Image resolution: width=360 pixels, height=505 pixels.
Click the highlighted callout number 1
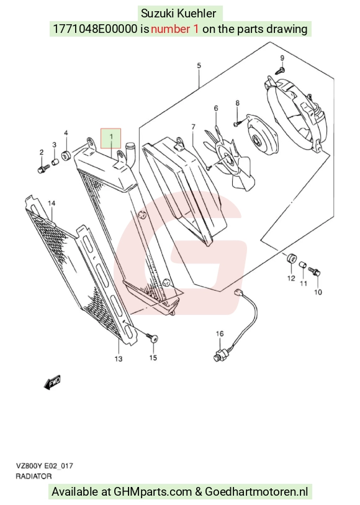[111, 137]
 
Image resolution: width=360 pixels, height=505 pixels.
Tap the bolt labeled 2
[43, 169]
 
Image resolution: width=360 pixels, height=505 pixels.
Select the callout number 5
[199, 66]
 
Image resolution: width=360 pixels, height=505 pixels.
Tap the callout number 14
[52, 203]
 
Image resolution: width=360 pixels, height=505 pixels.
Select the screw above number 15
[153, 337]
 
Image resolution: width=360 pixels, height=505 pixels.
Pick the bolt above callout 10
[315, 271]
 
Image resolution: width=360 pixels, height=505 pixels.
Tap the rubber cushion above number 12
[291, 259]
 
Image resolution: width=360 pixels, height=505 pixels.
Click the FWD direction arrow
[52, 382]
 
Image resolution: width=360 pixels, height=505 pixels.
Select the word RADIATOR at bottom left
[34, 476]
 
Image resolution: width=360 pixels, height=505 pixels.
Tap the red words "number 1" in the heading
[174, 29]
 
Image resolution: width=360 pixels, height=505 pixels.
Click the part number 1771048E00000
[94, 29]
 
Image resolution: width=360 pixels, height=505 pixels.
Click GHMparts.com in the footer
[153, 492]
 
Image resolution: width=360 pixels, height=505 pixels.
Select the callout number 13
[119, 358]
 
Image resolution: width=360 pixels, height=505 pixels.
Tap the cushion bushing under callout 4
[67, 156]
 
